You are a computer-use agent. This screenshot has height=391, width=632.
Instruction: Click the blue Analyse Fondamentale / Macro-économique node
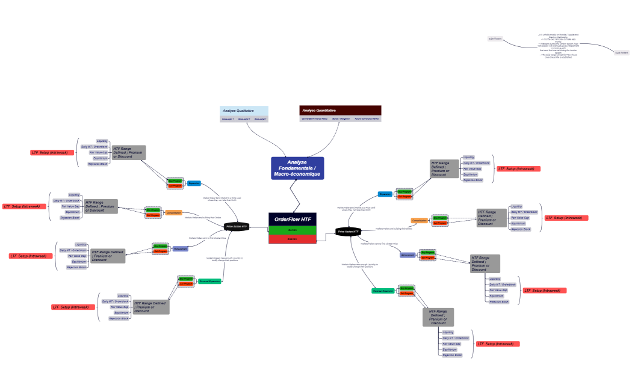(297, 168)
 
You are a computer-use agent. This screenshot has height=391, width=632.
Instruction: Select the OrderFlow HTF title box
(292, 220)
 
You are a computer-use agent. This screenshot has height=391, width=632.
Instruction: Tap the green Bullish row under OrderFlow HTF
(292, 230)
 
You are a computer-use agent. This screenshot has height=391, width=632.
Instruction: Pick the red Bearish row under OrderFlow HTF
(292, 239)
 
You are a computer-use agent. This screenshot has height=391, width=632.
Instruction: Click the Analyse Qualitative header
(244, 111)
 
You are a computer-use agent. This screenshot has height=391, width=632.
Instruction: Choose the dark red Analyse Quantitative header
(340, 111)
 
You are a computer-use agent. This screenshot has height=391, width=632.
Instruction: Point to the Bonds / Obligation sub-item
(341, 119)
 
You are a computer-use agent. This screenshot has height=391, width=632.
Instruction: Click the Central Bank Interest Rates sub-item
(314, 119)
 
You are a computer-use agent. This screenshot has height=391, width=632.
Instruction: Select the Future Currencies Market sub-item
(367, 119)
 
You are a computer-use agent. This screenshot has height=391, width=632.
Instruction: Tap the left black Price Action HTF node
(237, 227)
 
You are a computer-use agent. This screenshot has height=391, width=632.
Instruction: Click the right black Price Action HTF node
(348, 231)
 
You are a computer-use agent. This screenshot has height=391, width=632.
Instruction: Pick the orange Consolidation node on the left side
(173, 212)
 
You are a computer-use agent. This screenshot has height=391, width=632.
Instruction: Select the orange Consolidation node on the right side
(420, 221)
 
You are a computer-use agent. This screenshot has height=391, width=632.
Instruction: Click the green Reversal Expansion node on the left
(209, 281)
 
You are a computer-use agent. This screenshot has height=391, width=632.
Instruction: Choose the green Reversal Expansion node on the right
(383, 291)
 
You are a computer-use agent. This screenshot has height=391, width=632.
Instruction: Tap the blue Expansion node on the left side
(194, 183)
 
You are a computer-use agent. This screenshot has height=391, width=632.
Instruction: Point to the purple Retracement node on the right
(408, 255)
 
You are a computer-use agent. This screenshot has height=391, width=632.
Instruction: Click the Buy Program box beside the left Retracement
(160, 246)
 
